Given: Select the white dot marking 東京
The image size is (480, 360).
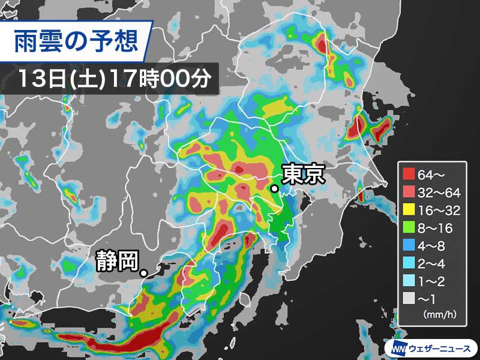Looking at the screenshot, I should (x=274, y=189).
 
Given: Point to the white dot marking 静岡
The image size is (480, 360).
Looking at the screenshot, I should (x=144, y=274).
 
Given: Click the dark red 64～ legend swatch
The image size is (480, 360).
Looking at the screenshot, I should (x=409, y=175).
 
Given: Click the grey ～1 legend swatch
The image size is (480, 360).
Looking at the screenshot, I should (x=409, y=296).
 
